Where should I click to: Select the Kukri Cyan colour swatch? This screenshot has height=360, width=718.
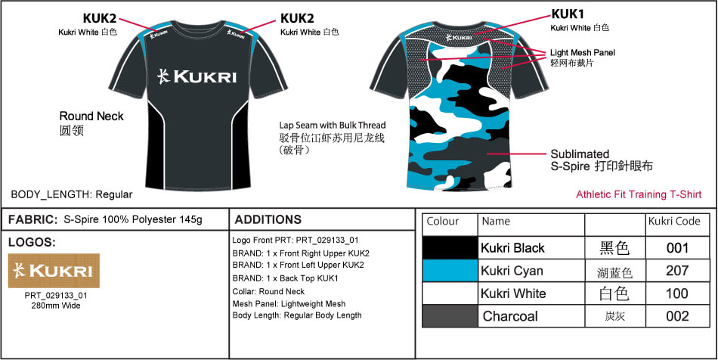pyautogui.click(x=450, y=271)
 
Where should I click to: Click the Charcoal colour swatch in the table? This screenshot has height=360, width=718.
pyautogui.click(x=450, y=316)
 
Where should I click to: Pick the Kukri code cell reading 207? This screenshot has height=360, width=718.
pyautogui.click(x=677, y=271)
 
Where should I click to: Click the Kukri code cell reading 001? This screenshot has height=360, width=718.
pyautogui.click(x=677, y=248)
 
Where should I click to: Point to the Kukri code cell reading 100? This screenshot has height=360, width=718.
pyautogui.click(x=677, y=293)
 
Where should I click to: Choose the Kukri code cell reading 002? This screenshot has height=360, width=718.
pyautogui.click(x=677, y=316)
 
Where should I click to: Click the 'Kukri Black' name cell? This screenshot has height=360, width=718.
pyautogui.click(x=512, y=248)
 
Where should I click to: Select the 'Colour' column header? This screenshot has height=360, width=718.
pyautogui.click(x=443, y=222)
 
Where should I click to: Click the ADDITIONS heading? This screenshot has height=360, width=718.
pyautogui.click(x=268, y=220)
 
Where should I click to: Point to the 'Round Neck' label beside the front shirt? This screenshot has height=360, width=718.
pyautogui.click(x=91, y=116)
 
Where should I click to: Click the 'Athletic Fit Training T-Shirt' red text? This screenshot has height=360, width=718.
pyautogui.click(x=639, y=194)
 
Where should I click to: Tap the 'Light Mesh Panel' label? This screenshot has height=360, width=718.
pyautogui.click(x=583, y=53)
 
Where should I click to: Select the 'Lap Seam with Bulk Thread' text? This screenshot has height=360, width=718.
pyautogui.click(x=333, y=125)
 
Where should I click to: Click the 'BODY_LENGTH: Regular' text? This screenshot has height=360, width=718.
pyautogui.click(x=72, y=194)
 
